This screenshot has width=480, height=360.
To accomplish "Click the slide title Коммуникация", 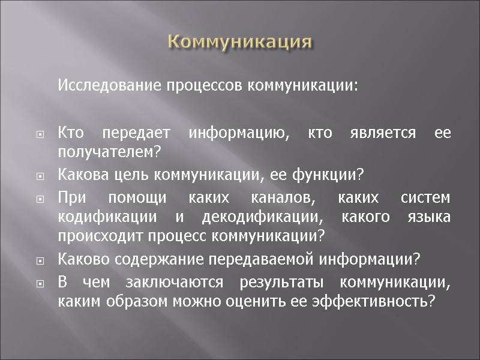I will tap(240, 42).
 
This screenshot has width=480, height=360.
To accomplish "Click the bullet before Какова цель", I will tap(40, 177).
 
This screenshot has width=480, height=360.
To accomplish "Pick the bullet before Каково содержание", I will tap(40, 262).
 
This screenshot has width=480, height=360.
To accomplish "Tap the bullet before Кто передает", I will tap(40, 134).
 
